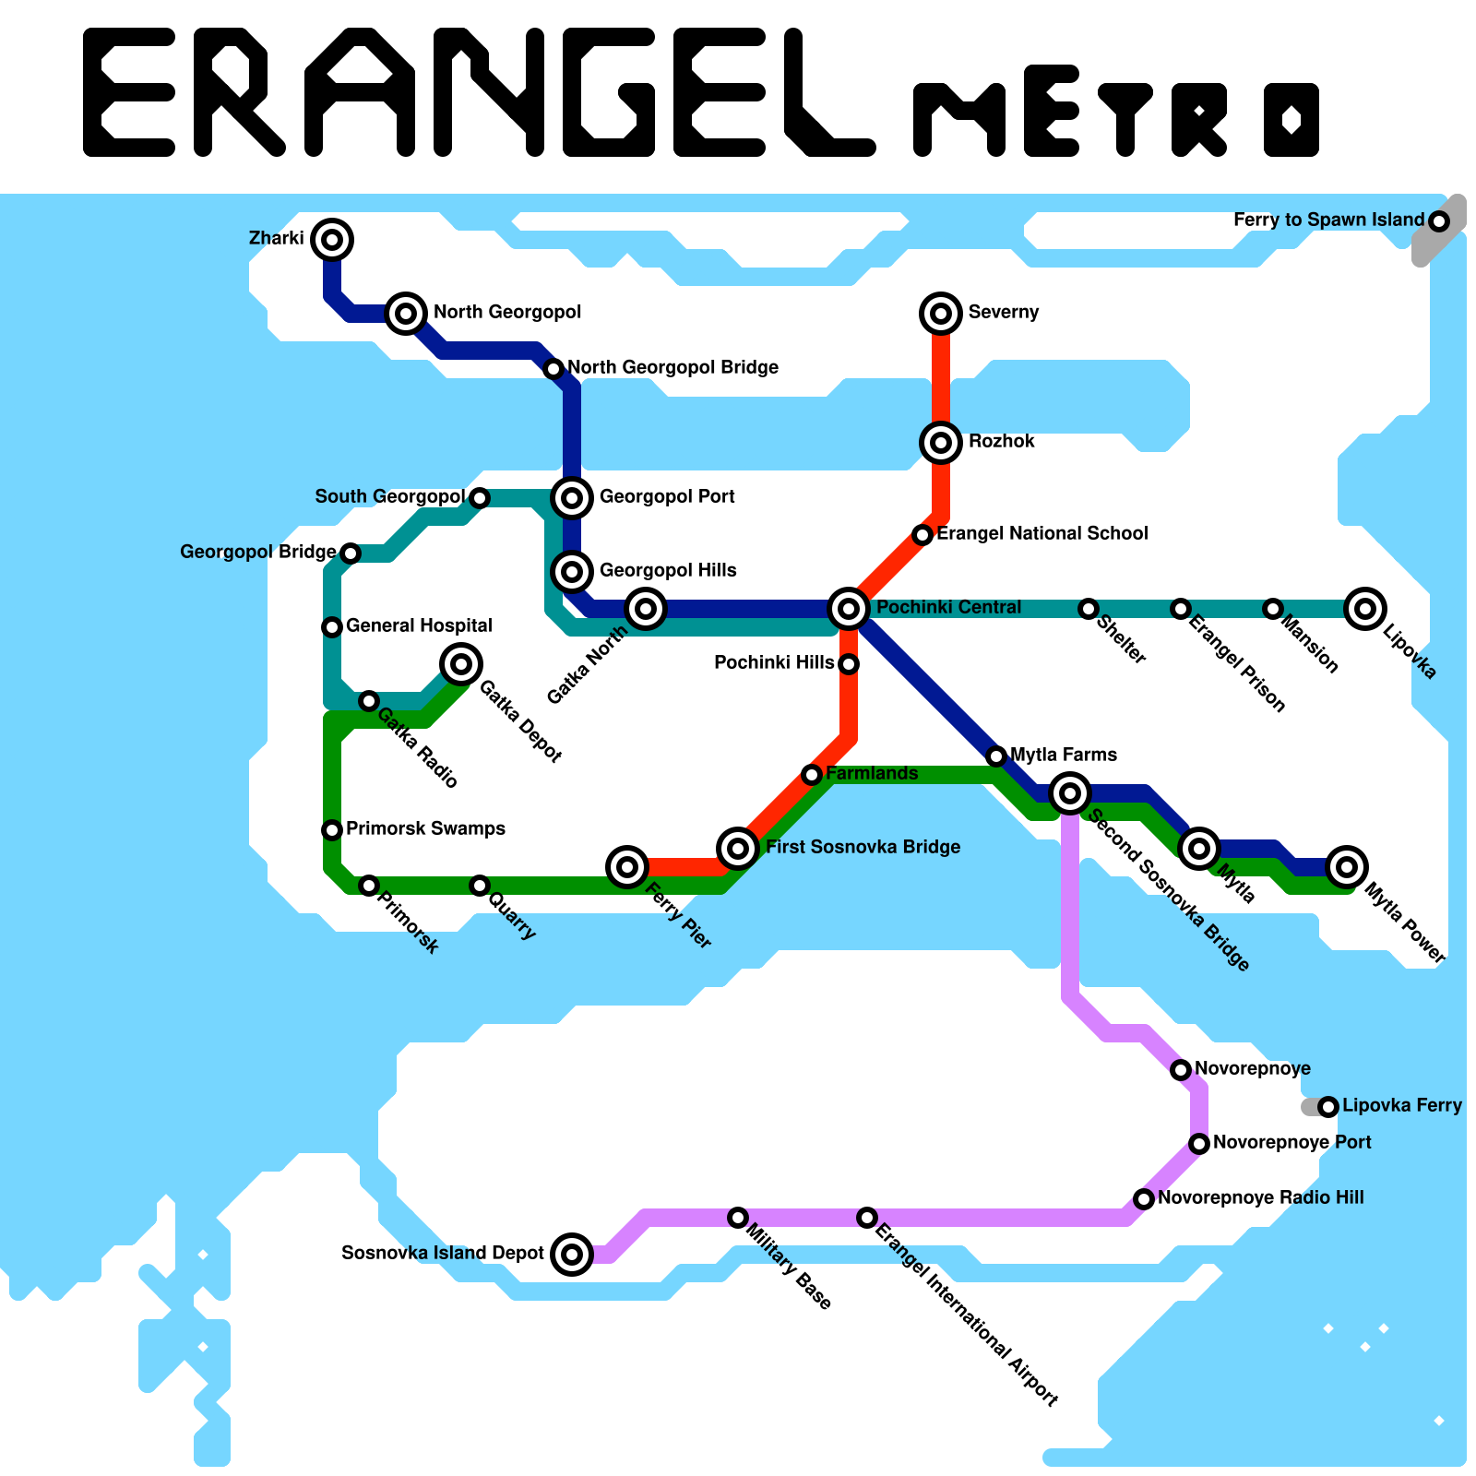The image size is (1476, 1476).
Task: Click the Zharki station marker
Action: coord(332,240)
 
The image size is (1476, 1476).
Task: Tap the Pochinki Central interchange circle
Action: coord(849,608)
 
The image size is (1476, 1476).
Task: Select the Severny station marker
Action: coord(940,314)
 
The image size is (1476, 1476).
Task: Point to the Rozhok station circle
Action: coord(940,443)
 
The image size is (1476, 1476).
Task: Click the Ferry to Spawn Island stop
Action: coord(1438,221)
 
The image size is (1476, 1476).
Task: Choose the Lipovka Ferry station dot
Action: coord(1327,1106)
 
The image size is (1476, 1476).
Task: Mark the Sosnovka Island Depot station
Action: coord(572,1254)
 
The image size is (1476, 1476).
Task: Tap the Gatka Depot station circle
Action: coord(461,663)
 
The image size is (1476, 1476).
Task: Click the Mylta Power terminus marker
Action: coord(1347,866)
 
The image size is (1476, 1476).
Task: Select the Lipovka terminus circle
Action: coord(1365,608)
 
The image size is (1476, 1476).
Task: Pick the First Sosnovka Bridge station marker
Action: coord(738,847)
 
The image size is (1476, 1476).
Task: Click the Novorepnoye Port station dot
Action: coord(1198,1144)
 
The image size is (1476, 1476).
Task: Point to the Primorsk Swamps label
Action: coord(425,828)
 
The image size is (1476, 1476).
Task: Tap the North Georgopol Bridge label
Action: coord(673,367)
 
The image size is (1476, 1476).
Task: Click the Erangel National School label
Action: coord(1042,533)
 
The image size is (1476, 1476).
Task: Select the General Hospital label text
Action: coord(419,625)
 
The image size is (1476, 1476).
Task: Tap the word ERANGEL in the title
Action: coord(480,92)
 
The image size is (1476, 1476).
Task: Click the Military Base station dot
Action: coord(737,1218)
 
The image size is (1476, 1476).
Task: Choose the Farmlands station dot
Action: coord(811,775)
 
